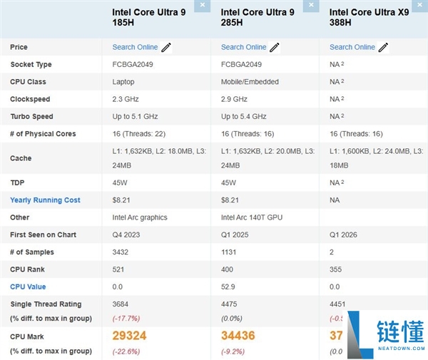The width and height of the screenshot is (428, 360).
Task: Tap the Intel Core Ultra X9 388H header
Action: pyautogui.click(x=368, y=17)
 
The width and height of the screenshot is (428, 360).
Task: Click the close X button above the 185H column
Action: pyautogui.click(x=203, y=5)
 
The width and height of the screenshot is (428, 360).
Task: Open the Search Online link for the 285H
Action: pyautogui.click(x=243, y=47)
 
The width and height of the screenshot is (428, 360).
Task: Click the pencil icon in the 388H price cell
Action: pyautogui.click(x=383, y=48)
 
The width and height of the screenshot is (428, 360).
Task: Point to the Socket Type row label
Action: pyautogui.click(x=31, y=65)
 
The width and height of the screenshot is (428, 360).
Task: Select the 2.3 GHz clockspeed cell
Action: pyautogui.click(x=126, y=99)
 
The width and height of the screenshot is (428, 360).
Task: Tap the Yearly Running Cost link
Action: pyautogui.click(x=45, y=200)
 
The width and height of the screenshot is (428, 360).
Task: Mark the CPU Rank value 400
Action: pyautogui.click(x=228, y=269)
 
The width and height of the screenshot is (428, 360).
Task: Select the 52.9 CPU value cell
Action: pyautogui.click(x=228, y=287)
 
